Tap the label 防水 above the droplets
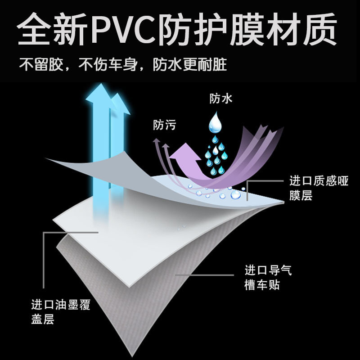(x=221, y=99)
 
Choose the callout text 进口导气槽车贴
(x=269, y=278)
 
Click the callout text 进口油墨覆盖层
(x=61, y=313)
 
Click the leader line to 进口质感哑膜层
(x=265, y=180)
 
